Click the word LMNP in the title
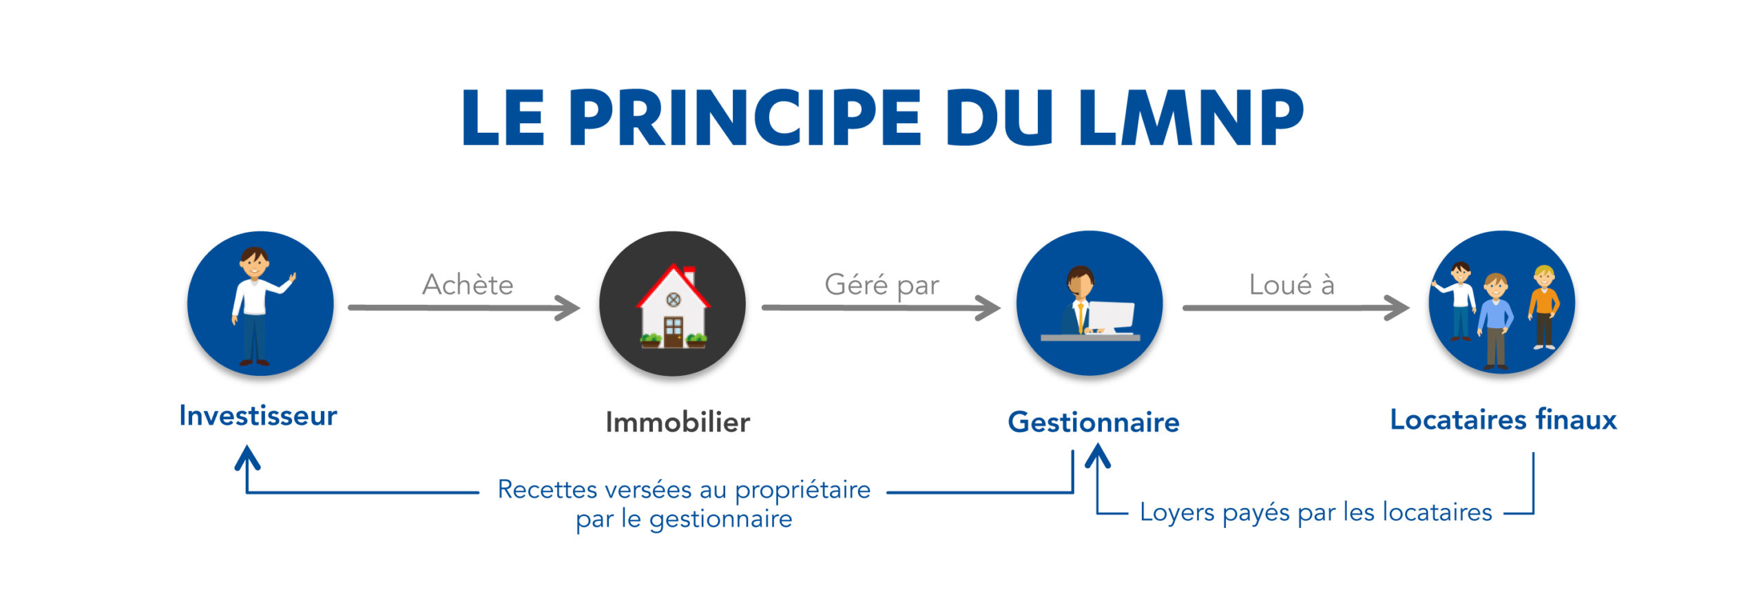1191,117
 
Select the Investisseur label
258,416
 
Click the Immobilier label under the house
678,422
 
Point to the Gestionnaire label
1094,422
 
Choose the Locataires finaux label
1503,419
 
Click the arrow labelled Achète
464,308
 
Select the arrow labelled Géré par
881,308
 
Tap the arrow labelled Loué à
1296,308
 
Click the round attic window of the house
674,299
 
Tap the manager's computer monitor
1110,317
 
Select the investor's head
254,262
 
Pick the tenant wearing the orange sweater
1543,307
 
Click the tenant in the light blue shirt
1495,320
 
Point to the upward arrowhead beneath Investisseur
247,457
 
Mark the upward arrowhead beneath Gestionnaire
1098,456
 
